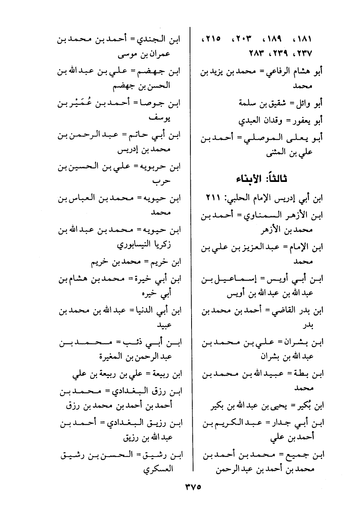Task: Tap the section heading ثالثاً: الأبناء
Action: pos(263,179)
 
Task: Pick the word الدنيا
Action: pos(144,310)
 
